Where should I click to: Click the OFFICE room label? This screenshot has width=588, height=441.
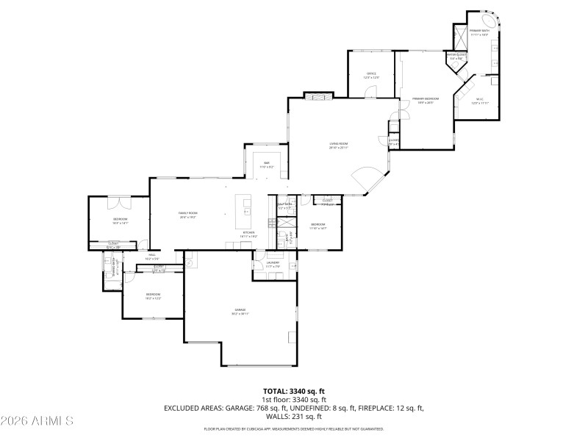click(x=372, y=75)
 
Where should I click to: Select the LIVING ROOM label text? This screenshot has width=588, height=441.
click(x=338, y=145)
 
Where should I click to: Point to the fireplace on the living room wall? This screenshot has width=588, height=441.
click(x=318, y=96)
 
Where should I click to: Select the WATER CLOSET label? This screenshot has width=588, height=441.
click(x=456, y=54)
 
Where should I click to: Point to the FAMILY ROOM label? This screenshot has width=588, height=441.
click(x=188, y=214)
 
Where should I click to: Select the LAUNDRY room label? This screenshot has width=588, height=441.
click(x=273, y=264)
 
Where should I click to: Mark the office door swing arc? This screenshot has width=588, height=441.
click(x=371, y=91)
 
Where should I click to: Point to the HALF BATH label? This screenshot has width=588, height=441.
click(x=285, y=206)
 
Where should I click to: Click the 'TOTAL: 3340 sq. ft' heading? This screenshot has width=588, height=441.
click(x=293, y=391)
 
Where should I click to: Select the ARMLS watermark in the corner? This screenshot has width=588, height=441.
click(x=37, y=421)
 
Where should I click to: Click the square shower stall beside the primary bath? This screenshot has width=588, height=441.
click(x=460, y=37)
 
